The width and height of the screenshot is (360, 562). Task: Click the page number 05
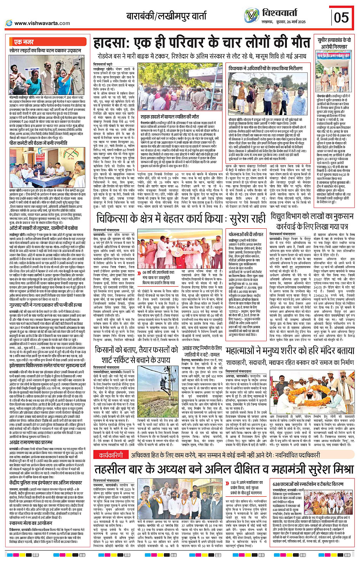click(x=341, y=17)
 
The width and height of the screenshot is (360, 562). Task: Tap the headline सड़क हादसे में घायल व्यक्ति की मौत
click(x=170, y=116)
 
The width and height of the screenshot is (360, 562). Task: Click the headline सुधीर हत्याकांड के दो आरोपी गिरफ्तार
click(x=334, y=43)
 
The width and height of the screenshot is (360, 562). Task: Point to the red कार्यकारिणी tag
click(x=110, y=455)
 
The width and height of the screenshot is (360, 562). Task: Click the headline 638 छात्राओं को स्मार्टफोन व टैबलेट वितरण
click(x=308, y=484)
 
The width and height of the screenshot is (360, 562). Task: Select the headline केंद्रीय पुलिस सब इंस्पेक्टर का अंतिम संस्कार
click(x=46, y=482)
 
